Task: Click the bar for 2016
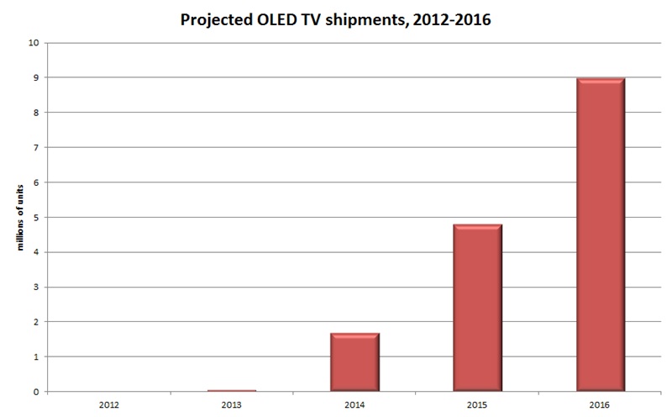(600, 235)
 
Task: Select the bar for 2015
(477, 308)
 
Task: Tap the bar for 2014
(354, 362)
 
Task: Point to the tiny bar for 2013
(232, 390)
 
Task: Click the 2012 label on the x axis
(109, 404)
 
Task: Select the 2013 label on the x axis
(232, 404)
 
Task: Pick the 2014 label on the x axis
(354, 404)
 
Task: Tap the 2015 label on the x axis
(477, 404)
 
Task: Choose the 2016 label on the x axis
(600, 404)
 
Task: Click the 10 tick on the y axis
(34, 42)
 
